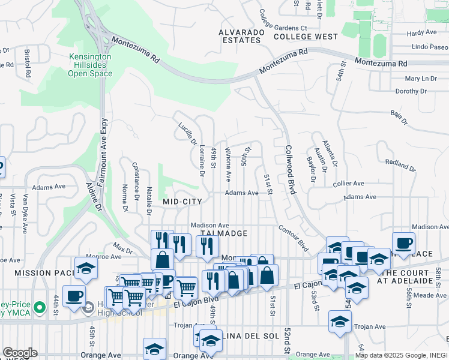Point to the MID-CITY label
coord(182,202)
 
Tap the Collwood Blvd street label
coord(291,169)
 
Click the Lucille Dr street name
coord(188,134)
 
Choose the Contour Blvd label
coord(294,238)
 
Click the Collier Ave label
coord(349,184)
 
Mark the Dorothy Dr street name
coord(411,91)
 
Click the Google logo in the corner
coord(19,353)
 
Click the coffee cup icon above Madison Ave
coord(403,243)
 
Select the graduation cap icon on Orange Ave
coord(154,349)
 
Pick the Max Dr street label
coord(122,247)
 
